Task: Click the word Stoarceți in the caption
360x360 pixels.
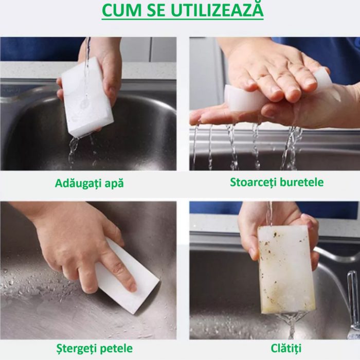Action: pos(253,183)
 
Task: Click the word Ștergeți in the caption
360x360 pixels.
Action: pos(77,349)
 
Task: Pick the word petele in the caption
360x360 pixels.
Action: pos(117,349)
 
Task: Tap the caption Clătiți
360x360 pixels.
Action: pos(286,348)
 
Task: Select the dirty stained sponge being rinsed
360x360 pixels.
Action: pos(286,270)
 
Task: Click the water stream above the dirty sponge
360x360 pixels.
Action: pos(269,213)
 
